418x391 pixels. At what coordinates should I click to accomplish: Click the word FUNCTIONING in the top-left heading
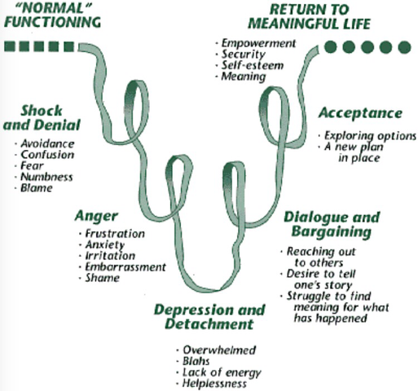point(52,22)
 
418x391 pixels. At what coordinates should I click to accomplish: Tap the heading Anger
point(96,217)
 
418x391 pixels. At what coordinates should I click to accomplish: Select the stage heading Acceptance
point(360,113)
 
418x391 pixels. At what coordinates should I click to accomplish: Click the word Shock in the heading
point(42,111)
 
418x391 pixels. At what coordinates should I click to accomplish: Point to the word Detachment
point(209,324)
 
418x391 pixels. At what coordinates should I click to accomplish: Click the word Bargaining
point(332,231)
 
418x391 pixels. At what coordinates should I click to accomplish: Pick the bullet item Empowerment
point(258,43)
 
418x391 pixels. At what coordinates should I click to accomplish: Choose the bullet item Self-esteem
point(253,65)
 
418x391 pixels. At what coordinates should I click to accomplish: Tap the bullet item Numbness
point(46,177)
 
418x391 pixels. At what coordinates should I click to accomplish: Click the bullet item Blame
point(37,188)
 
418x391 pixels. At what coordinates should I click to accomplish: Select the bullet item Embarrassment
point(125,267)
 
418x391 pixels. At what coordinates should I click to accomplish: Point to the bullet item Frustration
point(115,234)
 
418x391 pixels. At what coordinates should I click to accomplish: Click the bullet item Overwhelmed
point(219,350)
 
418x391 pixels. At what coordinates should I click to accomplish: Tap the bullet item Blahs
point(196,361)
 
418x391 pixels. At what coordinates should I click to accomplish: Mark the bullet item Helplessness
point(214,384)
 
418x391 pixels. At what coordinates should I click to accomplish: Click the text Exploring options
point(370,136)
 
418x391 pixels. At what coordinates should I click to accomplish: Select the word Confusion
point(47,155)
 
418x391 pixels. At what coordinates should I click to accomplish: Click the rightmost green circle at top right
point(405,47)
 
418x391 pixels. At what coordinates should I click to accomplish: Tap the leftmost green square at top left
point(10,46)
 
